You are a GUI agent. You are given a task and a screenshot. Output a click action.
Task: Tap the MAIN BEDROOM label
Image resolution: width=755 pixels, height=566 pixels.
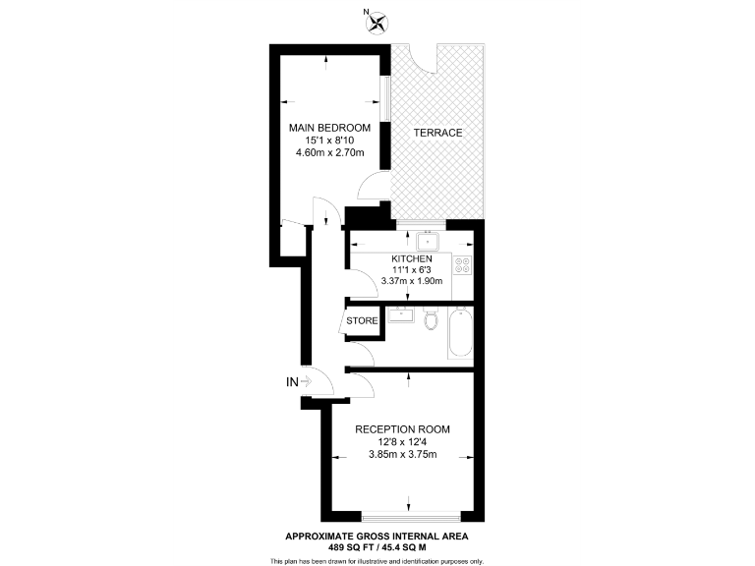[x=329, y=128]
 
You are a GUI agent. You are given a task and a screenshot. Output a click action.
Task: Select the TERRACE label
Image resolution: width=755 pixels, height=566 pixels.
[x=436, y=133]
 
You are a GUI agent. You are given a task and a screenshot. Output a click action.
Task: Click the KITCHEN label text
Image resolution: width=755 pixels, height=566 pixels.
[x=412, y=258]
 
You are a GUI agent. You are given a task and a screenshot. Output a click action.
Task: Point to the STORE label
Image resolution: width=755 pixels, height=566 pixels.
[x=362, y=320]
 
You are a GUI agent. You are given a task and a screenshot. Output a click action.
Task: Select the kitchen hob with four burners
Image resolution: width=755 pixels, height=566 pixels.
[x=462, y=264]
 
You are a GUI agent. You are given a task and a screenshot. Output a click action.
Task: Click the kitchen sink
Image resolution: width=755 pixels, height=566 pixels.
[x=428, y=241]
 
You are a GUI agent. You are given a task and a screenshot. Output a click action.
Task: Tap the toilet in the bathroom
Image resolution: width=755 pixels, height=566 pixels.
[x=432, y=320]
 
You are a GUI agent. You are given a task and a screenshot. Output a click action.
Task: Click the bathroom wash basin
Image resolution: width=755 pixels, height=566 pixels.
[x=399, y=314]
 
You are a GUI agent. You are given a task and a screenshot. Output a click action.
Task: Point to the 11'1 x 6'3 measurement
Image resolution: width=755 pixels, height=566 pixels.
[x=412, y=269]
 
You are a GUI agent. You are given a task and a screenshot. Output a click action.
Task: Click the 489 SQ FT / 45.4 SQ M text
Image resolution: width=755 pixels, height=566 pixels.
[x=377, y=547]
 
